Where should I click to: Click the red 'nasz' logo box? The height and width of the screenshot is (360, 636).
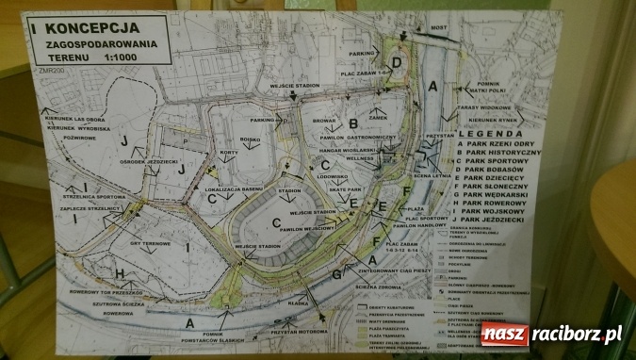[x=505, y=334]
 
